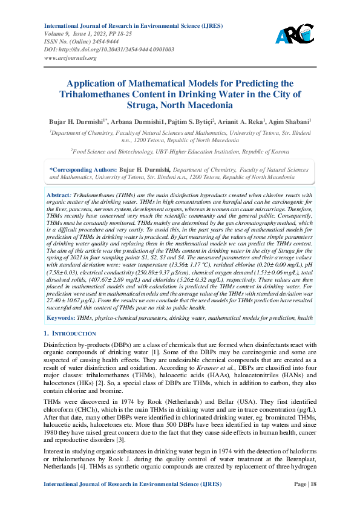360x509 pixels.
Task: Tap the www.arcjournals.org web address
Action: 71,58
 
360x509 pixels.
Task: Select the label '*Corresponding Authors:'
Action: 83,170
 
